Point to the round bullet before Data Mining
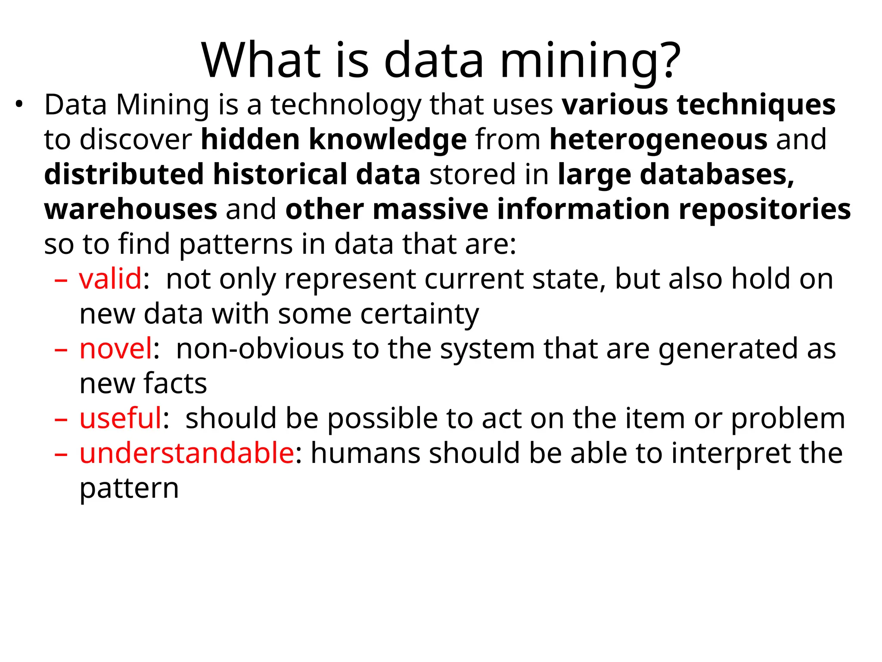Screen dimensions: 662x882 [19, 104]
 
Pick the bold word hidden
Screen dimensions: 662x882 [250, 140]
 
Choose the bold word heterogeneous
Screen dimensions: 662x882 [658, 141]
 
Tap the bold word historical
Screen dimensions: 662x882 [280, 175]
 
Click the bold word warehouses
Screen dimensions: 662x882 [130, 209]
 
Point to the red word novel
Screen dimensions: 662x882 [116, 349]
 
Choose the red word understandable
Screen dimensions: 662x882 [186, 453]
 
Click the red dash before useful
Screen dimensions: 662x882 [61, 418]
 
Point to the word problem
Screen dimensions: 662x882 [788, 419]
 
